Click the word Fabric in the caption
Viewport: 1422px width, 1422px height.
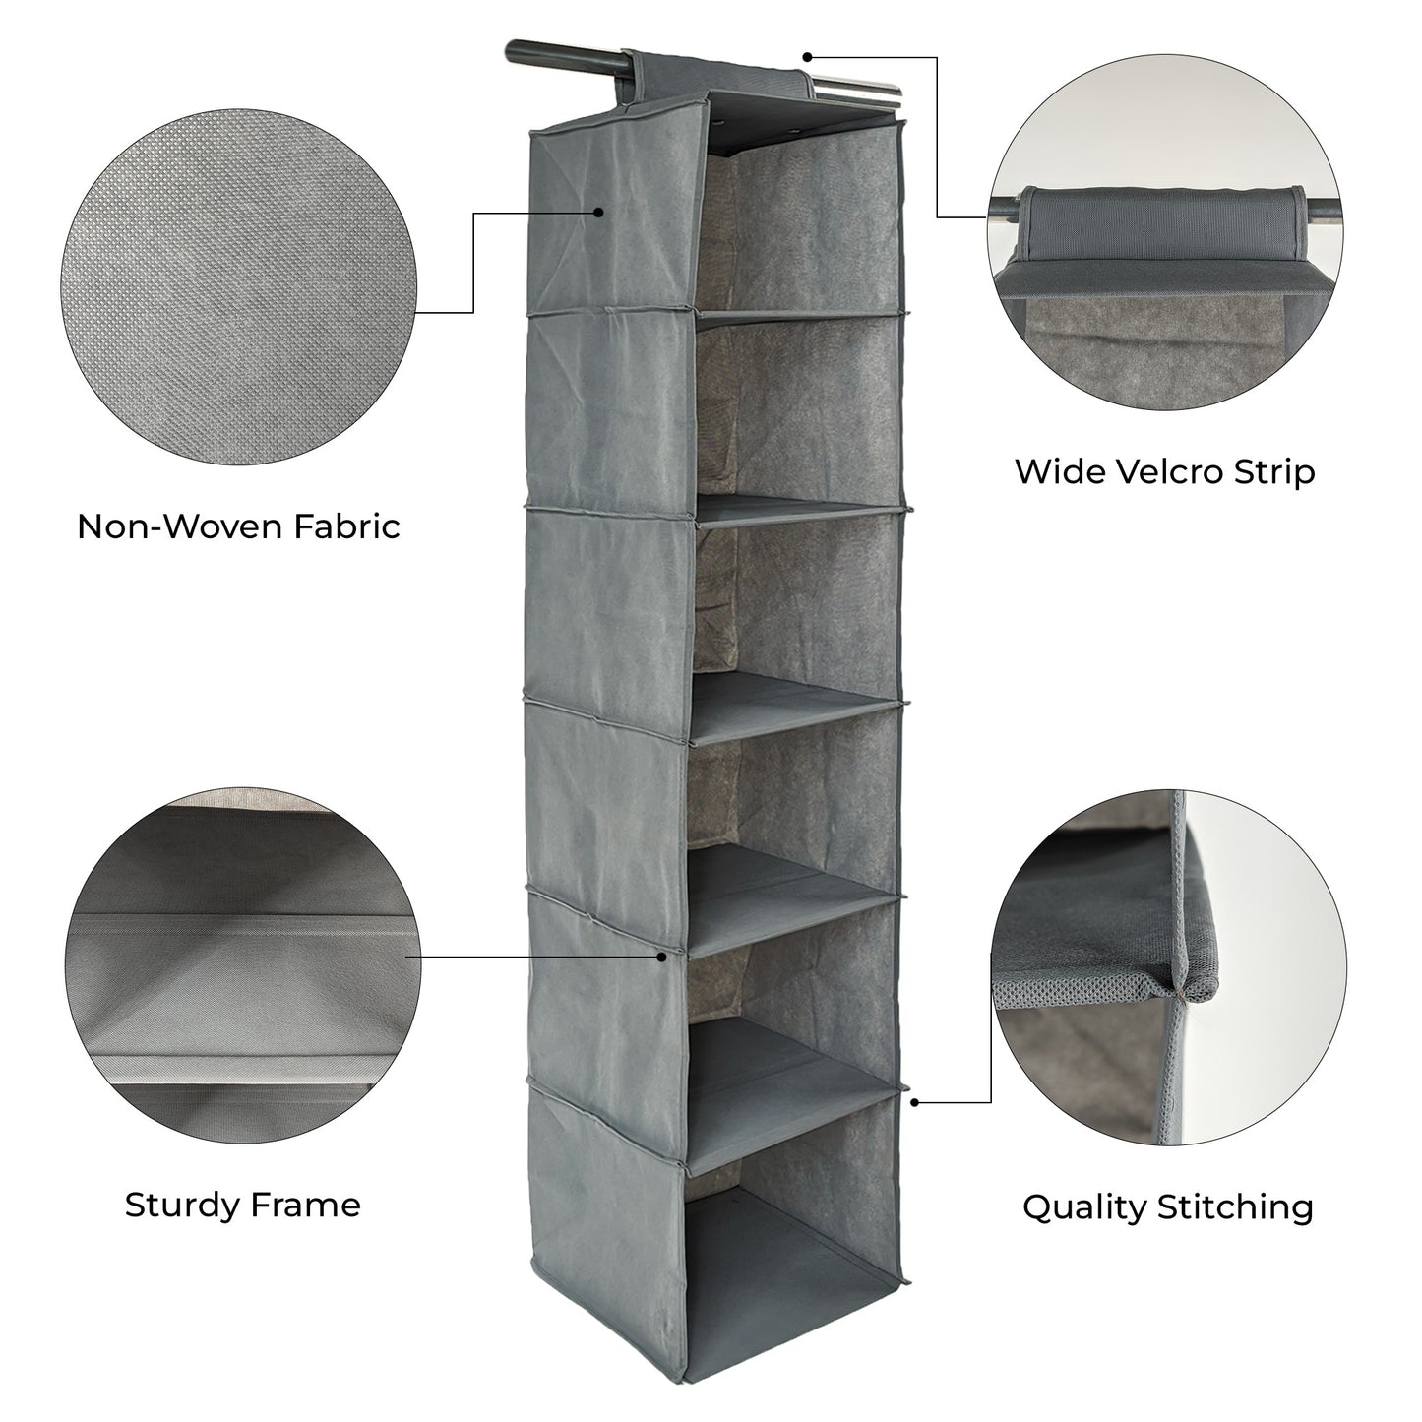pyautogui.click(x=346, y=526)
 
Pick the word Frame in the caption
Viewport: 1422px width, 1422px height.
pyautogui.click(x=305, y=1206)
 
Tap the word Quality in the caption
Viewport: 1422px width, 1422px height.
pyautogui.click(x=1084, y=1208)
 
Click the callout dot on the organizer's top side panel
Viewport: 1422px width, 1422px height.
pyautogui.click(x=598, y=213)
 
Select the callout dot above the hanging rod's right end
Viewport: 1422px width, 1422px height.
pyautogui.click(x=807, y=57)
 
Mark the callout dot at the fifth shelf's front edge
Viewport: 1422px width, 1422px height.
pyautogui.click(x=662, y=957)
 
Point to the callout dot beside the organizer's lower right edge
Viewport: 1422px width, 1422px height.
pyautogui.click(x=915, y=1123)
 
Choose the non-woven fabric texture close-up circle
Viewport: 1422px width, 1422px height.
pyautogui.click(x=237, y=287)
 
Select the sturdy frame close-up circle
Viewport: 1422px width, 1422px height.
pyautogui.click(x=243, y=965)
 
